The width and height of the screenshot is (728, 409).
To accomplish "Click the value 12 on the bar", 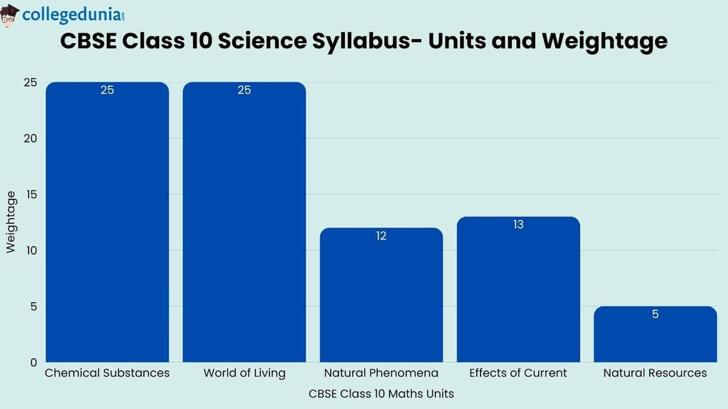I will (x=381, y=236).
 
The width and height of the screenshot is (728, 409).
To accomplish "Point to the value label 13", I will (x=518, y=225).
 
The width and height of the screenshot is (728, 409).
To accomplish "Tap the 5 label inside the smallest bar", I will (x=655, y=314).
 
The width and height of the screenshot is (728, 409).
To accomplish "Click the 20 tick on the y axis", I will (x=30, y=138).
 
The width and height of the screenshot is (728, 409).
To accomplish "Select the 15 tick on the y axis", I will (x=30, y=195).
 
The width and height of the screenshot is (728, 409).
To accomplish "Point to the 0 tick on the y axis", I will (x=33, y=362).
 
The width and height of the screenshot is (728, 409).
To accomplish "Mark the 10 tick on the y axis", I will (x=30, y=250).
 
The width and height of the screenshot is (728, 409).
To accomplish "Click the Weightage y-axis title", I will (x=11, y=222).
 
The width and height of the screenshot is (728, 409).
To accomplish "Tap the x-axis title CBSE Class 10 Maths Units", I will (x=381, y=394).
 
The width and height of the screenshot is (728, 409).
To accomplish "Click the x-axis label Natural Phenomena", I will (x=381, y=373).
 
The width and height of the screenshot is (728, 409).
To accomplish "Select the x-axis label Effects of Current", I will (x=518, y=373).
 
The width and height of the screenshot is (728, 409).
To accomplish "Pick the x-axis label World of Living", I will (x=244, y=373).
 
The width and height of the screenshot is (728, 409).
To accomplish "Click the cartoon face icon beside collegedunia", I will (x=10, y=15).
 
